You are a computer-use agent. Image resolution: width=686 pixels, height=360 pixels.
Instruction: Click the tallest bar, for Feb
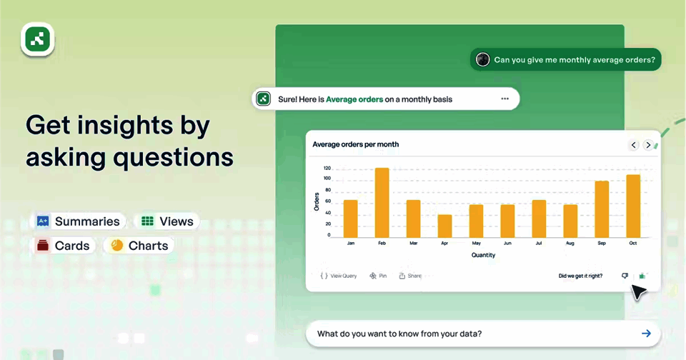pyautogui.click(x=382, y=203)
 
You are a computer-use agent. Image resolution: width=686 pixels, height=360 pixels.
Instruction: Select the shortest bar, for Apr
pyautogui.click(x=444, y=226)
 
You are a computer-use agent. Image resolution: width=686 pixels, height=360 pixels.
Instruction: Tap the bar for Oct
pyautogui.click(x=633, y=206)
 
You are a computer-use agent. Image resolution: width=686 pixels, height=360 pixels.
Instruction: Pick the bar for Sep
pyautogui.click(x=602, y=209)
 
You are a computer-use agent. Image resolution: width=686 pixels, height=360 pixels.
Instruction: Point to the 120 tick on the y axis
pyautogui.click(x=327, y=168)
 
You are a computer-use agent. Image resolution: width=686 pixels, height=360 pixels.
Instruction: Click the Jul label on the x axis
pyautogui.click(x=539, y=243)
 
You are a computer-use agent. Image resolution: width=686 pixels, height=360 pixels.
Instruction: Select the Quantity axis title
pyautogui.click(x=483, y=255)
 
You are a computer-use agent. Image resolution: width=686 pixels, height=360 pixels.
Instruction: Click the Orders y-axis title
pyautogui.click(x=317, y=201)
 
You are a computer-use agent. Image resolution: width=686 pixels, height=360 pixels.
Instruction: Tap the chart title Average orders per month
pyautogui.click(x=355, y=144)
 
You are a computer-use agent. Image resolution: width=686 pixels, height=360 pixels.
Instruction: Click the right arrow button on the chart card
pyautogui.click(x=648, y=145)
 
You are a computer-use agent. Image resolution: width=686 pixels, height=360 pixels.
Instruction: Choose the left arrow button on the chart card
pyautogui.click(x=634, y=145)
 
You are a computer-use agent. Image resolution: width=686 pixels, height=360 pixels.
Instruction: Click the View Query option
pyautogui.click(x=339, y=276)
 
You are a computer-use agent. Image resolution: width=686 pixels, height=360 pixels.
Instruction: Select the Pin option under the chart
pyautogui.click(x=378, y=276)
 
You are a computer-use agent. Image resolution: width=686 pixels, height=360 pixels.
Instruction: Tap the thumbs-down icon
pyautogui.click(x=625, y=276)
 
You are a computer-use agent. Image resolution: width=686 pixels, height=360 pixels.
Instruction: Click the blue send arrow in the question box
pyautogui.click(x=646, y=334)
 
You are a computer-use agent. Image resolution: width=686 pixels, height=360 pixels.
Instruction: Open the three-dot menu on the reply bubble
pyautogui.click(x=505, y=99)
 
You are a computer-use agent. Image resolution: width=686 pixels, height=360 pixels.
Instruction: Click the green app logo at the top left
pyautogui.click(x=38, y=39)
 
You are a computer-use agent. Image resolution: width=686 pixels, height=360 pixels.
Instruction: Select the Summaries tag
pyautogui.click(x=79, y=221)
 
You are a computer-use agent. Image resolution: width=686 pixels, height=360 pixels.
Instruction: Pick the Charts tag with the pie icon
pyautogui.click(x=139, y=246)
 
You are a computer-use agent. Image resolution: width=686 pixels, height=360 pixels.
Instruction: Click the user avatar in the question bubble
pyautogui.click(x=482, y=59)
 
